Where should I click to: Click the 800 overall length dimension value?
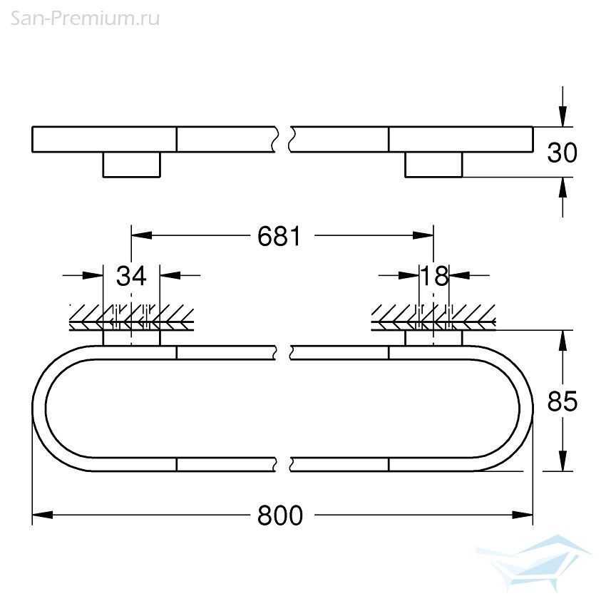click(280, 515)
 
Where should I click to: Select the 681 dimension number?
click(279, 236)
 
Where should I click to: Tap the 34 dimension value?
click(131, 276)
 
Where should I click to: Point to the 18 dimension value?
click(434, 276)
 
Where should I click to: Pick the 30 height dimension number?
click(563, 153)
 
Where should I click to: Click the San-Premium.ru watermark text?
click(85, 19)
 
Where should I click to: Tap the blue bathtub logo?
click(533, 563)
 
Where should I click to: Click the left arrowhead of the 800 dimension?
click(43, 515)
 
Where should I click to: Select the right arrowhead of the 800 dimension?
click(522, 515)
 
